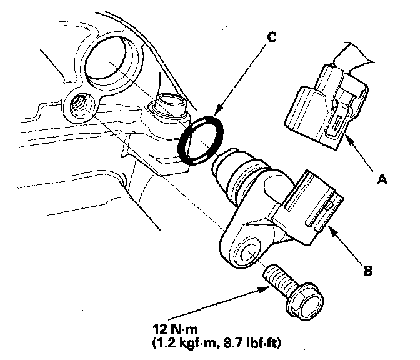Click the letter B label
pos(367,271)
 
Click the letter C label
pos(271,37)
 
